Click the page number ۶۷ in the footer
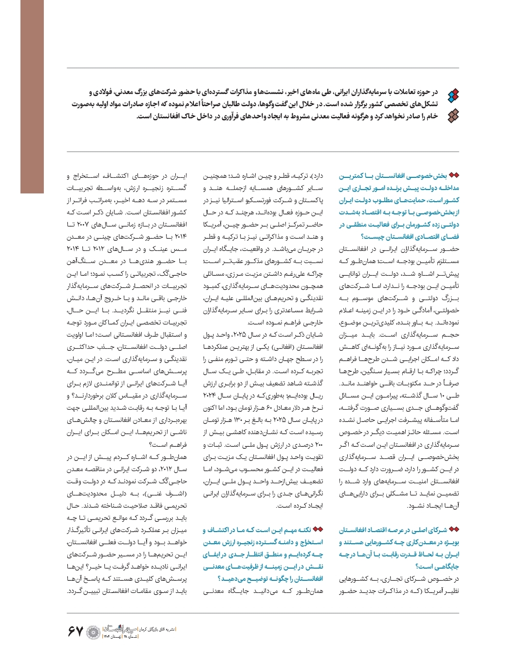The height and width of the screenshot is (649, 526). (x=76, y=632)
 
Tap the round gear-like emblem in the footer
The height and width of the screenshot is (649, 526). (x=93, y=632)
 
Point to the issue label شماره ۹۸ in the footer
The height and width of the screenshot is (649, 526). (x=131, y=637)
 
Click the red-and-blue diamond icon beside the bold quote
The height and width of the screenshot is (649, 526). (x=453, y=95)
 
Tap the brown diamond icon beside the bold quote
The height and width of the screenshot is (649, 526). (x=453, y=115)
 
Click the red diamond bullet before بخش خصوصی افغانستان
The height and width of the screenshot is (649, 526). (x=454, y=175)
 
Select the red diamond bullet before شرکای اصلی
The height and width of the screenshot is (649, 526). (x=454, y=530)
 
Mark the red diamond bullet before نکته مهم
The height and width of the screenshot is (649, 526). (x=318, y=530)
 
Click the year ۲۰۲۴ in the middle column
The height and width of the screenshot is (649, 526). (x=211, y=396)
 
